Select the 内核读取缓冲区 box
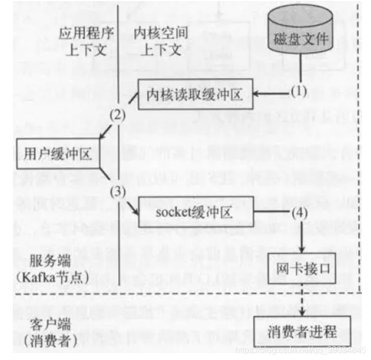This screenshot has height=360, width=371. (x=192, y=96)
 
